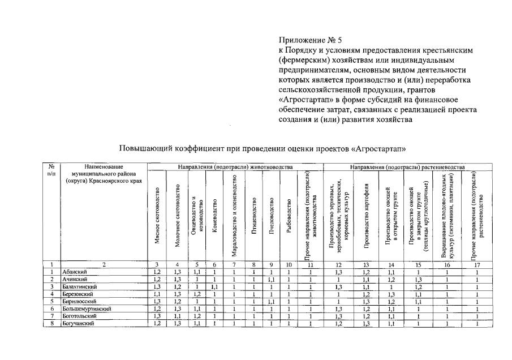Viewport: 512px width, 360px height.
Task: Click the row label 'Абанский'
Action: click(x=74, y=272)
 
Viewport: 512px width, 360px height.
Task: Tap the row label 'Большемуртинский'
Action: click(x=86, y=308)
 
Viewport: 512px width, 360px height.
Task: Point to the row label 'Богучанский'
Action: click(x=78, y=323)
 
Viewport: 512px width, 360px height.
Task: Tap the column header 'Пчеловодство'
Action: click(x=271, y=215)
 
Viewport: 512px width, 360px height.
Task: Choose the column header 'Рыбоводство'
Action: click(x=289, y=215)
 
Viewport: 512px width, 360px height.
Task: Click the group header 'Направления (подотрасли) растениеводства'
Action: click(x=407, y=168)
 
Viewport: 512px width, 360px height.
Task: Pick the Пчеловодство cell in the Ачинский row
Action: click(x=271, y=279)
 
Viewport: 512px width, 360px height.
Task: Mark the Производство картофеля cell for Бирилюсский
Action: click(x=367, y=301)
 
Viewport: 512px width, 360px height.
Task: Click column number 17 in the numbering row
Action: click(x=477, y=264)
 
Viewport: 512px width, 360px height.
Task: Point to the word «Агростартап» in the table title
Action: click(x=379, y=148)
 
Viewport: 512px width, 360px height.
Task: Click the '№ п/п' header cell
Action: click(x=51, y=170)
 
